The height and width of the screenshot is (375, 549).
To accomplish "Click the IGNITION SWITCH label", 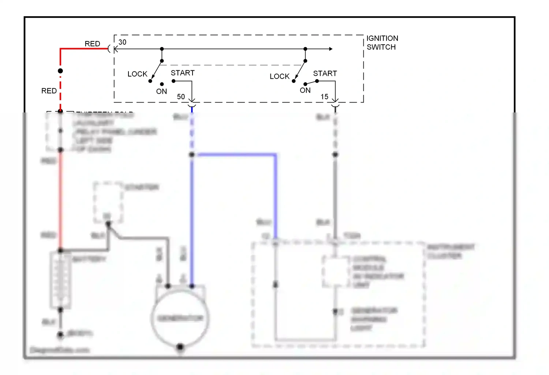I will pyautogui.click(x=382, y=42).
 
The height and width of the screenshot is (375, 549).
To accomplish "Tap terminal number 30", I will pyautogui.click(x=122, y=42).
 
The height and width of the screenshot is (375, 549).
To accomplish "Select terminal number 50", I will pyautogui.click(x=181, y=97).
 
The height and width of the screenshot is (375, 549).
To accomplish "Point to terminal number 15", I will pyautogui.click(x=324, y=97).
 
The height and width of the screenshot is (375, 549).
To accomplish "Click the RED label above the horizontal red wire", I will pyautogui.click(x=92, y=44).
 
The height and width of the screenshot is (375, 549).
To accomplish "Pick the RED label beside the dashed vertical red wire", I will pyautogui.click(x=49, y=91).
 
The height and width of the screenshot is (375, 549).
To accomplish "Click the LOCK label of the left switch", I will pyautogui.click(x=137, y=74).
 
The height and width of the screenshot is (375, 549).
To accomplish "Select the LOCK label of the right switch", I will pyautogui.click(x=279, y=76).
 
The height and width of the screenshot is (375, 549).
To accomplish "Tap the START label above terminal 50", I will pyautogui.click(x=183, y=73).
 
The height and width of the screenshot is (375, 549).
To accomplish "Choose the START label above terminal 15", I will pyautogui.click(x=325, y=73).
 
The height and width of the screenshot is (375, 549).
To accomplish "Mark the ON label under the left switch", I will pyautogui.click(x=161, y=91).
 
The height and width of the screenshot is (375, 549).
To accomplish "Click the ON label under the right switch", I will pyautogui.click(x=305, y=90).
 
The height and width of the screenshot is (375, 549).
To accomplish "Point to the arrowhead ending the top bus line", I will pyautogui.click(x=330, y=49).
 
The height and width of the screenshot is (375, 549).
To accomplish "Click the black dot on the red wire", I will pyautogui.click(x=60, y=71).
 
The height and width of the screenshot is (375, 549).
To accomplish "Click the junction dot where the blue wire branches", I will pyautogui.click(x=192, y=155).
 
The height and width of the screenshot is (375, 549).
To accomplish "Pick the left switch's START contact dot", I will pyautogui.click(x=173, y=81).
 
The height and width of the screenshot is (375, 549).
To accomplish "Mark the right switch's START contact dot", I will pyautogui.click(x=317, y=81).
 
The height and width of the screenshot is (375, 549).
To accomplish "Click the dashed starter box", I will pyautogui.click(x=108, y=202).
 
